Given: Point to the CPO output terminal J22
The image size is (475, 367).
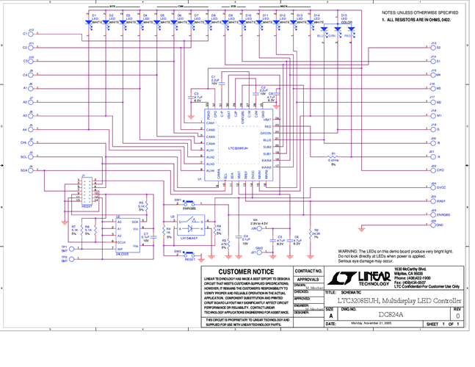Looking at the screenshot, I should [x=429, y=169].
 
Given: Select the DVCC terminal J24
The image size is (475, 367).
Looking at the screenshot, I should [x=429, y=188].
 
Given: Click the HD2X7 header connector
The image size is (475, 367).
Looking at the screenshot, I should [x=87, y=193].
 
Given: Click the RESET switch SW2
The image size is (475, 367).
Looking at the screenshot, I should [x=189, y=253].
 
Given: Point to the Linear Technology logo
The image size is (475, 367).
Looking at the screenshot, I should [x=357, y=277].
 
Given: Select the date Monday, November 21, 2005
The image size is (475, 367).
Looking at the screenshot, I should [x=373, y=324].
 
